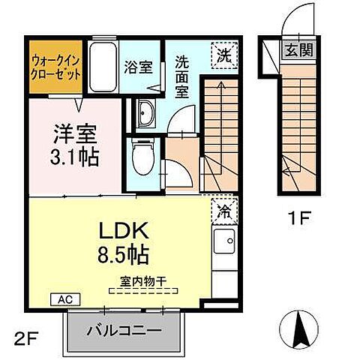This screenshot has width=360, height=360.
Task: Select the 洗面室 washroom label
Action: (x=182, y=73)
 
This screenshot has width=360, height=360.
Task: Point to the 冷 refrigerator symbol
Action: (x=224, y=210)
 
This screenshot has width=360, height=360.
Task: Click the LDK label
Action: (x=123, y=230)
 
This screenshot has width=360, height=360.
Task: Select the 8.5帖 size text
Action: (x=121, y=255)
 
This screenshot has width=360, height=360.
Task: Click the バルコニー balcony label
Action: (x=123, y=331)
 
